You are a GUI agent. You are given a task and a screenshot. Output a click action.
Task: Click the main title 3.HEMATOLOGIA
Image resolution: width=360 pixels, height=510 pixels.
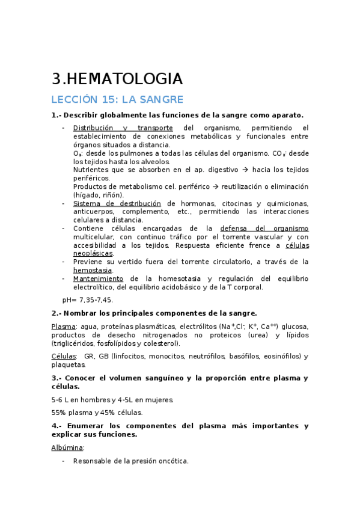(x=117, y=79)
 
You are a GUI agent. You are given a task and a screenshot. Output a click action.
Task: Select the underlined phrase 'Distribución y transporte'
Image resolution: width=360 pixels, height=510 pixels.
(x=123, y=127)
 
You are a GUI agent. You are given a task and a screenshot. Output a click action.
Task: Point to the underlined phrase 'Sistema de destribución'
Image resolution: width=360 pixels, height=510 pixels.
(x=117, y=203)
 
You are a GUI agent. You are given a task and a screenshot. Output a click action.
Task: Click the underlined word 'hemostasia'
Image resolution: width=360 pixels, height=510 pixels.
(x=93, y=271)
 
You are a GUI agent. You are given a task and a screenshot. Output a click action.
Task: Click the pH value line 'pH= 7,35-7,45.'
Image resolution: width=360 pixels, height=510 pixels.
(x=87, y=300)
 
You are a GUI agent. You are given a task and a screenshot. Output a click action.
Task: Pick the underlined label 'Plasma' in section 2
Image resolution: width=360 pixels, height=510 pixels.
(x=63, y=326)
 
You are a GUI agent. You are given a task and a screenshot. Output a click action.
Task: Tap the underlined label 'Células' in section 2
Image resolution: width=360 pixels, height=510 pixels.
(x=64, y=357)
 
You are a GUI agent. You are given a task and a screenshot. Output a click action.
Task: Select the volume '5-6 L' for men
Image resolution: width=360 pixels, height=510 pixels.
(x=61, y=399)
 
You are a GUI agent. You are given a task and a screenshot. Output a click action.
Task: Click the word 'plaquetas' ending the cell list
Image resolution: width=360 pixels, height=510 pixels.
(x=68, y=365)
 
